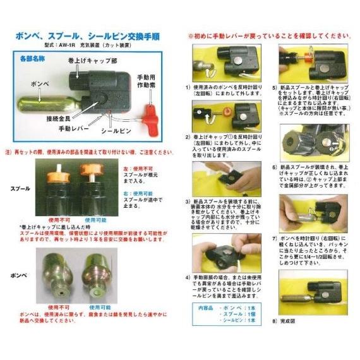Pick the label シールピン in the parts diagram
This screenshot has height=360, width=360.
tap(116, 131)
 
